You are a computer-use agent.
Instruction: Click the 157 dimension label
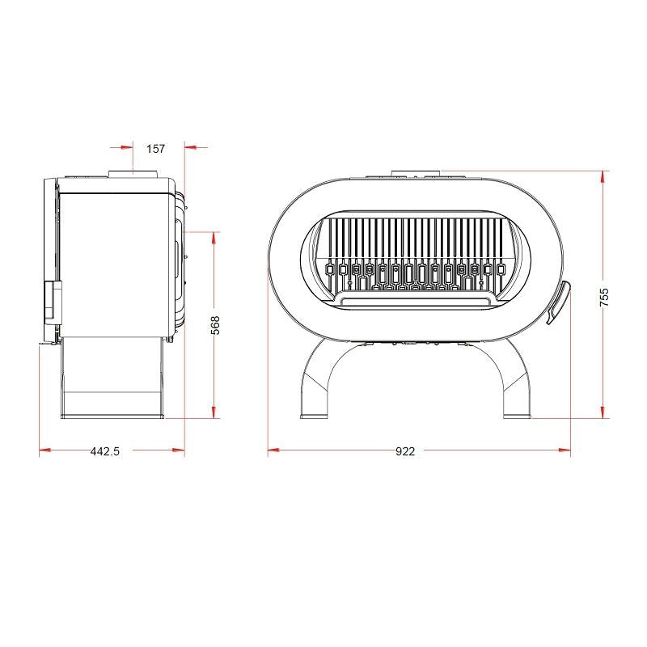(x=155, y=149)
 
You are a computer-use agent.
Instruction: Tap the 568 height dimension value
(x=215, y=325)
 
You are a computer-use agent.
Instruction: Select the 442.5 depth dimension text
(x=105, y=451)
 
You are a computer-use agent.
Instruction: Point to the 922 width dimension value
(x=405, y=451)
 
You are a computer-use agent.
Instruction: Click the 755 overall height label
(x=603, y=297)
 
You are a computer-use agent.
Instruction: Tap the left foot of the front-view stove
(x=314, y=416)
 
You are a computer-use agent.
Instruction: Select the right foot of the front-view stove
(x=517, y=416)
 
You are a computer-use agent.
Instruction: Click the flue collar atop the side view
(x=133, y=174)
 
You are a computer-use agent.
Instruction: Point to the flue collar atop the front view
(x=416, y=173)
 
